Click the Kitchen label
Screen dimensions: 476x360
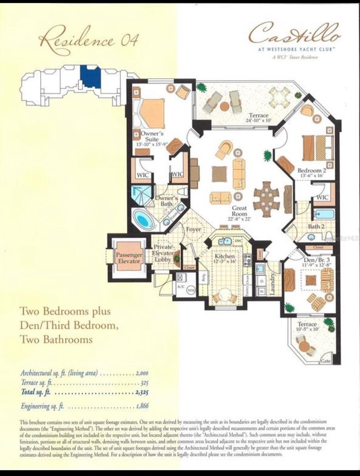click(224, 259)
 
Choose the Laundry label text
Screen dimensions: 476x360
click(272, 283)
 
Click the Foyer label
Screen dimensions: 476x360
click(193, 230)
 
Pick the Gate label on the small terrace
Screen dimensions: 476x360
click(326, 361)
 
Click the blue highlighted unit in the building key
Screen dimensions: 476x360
click(90, 77)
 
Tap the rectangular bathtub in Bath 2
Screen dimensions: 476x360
click(324, 215)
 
